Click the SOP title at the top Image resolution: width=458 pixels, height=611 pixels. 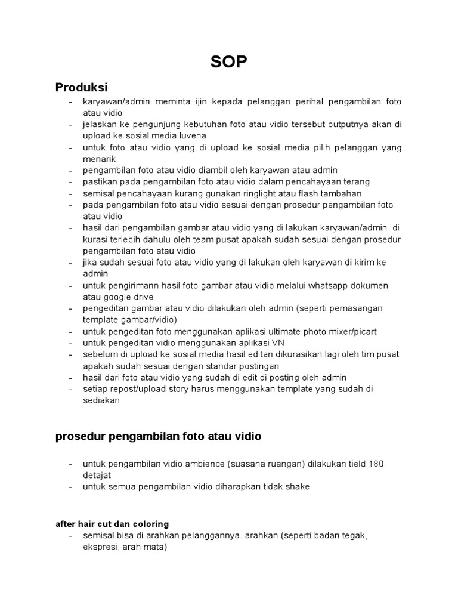click(228, 62)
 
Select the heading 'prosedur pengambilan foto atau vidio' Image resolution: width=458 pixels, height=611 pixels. click(158, 436)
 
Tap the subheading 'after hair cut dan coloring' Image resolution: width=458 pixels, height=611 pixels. click(113, 524)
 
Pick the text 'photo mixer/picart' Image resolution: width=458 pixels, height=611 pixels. click(335, 332)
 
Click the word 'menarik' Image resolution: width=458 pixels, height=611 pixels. click(99, 159)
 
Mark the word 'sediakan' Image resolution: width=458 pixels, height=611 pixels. click(102, 400)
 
